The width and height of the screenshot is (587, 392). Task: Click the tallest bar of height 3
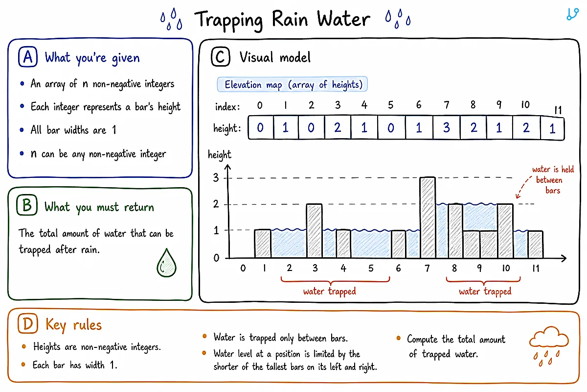click(428, 218)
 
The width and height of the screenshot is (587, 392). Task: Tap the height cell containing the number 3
click(447, 127)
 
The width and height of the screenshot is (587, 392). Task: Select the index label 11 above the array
click(558, 110)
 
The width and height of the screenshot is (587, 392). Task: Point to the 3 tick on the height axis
click(216, 178)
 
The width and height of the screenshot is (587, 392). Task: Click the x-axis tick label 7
click(427, 268)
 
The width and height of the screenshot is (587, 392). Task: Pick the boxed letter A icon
click(28, 57)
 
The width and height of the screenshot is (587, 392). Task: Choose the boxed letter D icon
click(28, 324)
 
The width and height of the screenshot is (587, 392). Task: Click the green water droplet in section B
click(166, 263)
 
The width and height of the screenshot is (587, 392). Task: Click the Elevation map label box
click(292, 84)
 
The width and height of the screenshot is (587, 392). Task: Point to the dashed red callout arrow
click(523, 187)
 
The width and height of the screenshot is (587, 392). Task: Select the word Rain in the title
click(290, 19)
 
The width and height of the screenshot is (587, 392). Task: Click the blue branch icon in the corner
click(572, 14)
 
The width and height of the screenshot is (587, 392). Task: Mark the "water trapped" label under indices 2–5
click(330, 292)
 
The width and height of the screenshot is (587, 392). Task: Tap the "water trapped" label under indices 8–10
click(485, 292)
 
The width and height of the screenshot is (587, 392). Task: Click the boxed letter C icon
click(221, 56)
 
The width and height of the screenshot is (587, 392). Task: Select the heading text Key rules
click(74, 325)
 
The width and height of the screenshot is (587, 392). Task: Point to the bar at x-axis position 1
click(263, 244)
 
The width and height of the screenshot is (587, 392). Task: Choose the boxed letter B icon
click(27, 205)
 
